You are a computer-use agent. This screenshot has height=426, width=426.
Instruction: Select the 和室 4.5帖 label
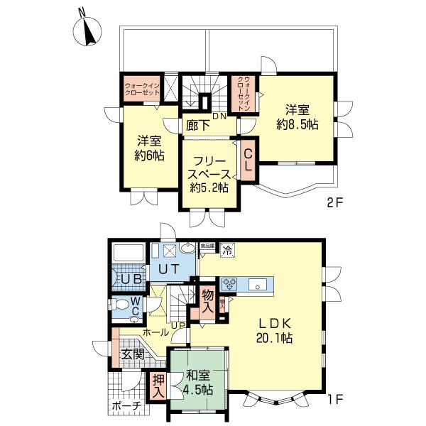point(197,383)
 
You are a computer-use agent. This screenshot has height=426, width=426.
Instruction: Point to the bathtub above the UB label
point(128,253)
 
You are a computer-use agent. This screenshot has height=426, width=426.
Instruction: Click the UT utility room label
point(169,269)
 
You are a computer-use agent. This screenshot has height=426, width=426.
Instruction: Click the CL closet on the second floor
point(248,163)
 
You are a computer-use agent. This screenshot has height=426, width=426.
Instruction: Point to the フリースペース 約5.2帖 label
point(209,174)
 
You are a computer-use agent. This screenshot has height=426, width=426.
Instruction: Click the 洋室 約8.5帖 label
point(297,116)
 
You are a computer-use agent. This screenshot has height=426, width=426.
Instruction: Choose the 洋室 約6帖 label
point(151,148)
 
